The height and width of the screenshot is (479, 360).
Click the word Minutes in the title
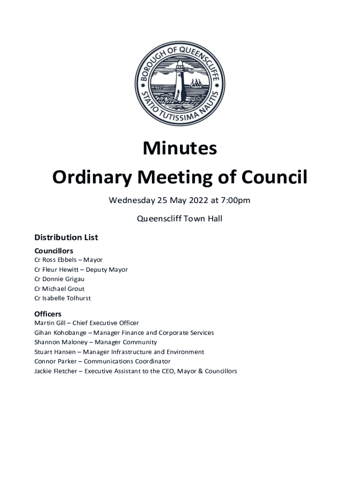(x=180, y=148)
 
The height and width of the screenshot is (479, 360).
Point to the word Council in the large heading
(x=276, y=178)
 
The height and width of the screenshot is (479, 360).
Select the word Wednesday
(x=132, y=201)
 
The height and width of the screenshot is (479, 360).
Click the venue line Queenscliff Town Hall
(x=180, y=218)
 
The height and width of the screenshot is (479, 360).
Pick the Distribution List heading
(x=66, y=238)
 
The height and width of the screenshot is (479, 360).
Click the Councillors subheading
(x=54, y=251)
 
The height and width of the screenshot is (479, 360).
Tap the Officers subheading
(x=48, y=314)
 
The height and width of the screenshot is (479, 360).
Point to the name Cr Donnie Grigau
(x=59, y=279)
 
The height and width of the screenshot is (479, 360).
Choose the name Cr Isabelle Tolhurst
(x=63, y=298)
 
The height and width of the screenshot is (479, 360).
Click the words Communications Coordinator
(x=127, y=362)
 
